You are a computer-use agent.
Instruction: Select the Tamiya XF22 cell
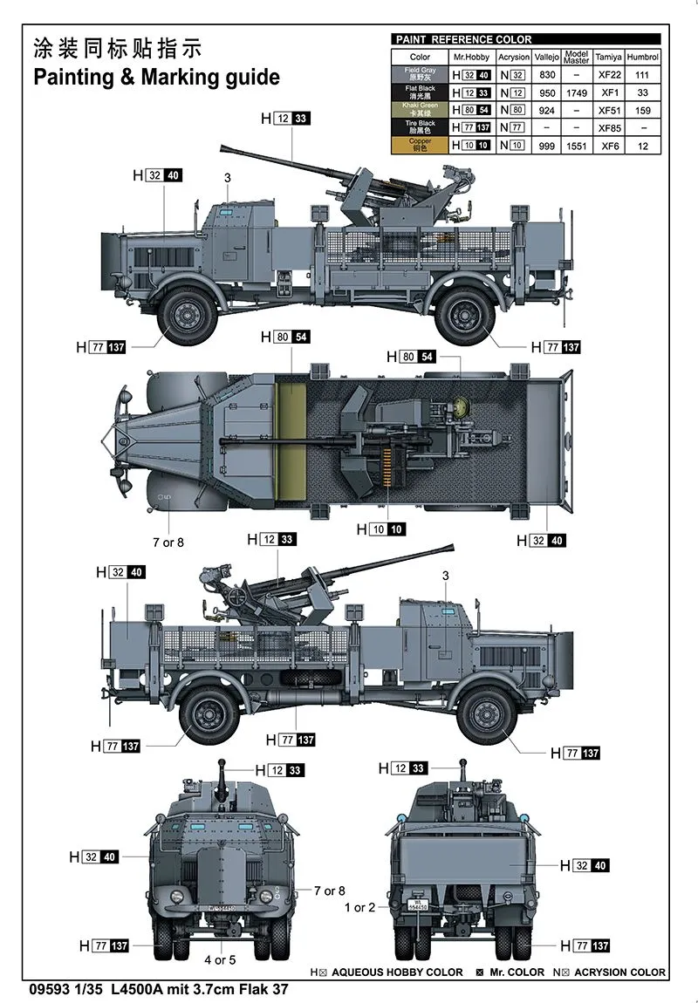(x=607, y=76)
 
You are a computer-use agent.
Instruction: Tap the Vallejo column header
(x=547, y=58)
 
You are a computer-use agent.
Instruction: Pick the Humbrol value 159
(x=643, y=111)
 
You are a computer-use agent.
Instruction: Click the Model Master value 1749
(x=576, y=93)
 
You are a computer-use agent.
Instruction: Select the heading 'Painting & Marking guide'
(x=156, y=77)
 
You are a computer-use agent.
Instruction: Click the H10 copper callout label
(x=380, y=529)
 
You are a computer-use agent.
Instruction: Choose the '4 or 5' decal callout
(x=220, y=959)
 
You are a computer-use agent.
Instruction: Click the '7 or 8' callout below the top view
(x=168, y=542)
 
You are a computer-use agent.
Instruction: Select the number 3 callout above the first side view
(x=227, y=178)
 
